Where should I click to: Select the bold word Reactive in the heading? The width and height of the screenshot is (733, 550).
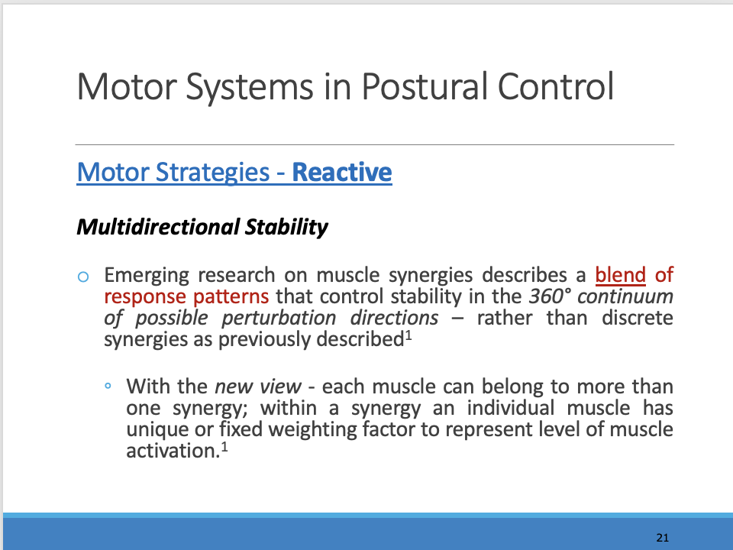[x=342, y=173]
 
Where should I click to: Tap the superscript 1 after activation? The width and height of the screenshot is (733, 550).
[x=225, y=445]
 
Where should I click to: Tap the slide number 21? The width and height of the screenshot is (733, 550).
[x=662, y=538]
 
